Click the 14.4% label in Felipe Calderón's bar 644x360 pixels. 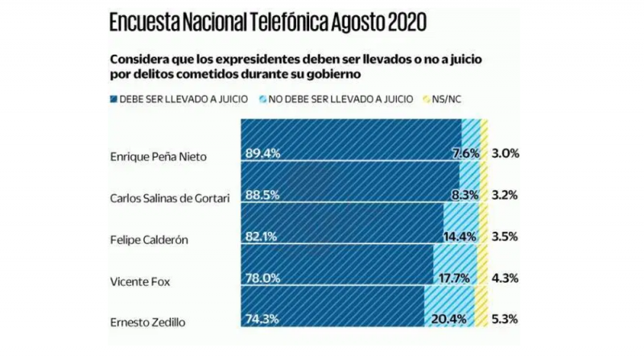tap(460, 237)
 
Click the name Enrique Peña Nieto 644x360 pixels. tap(157, 156)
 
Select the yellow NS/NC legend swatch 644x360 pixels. tap(426, 99)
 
